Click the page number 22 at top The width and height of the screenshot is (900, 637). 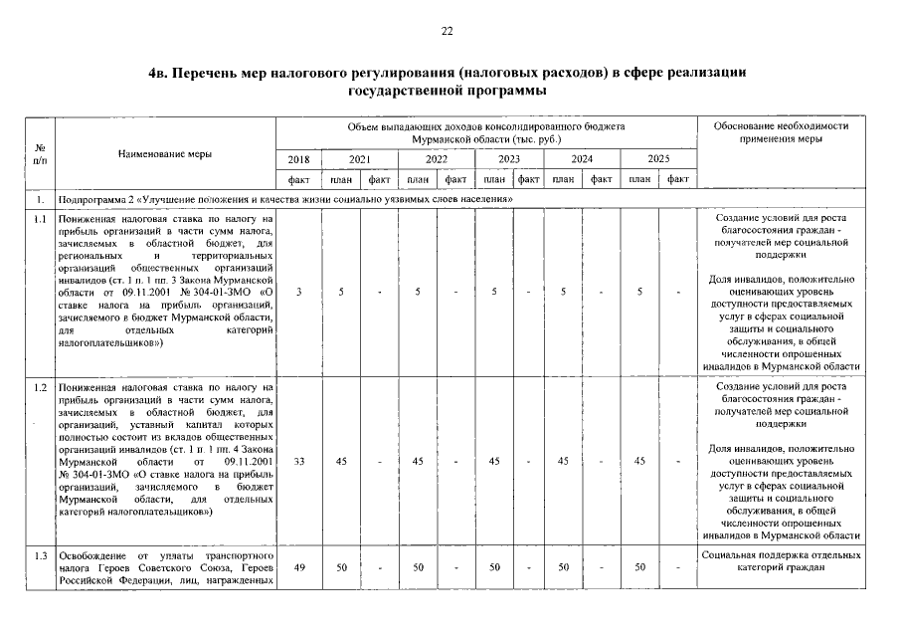[447, 32]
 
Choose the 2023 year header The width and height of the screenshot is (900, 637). [509, 159]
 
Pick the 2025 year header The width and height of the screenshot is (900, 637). [658, 159]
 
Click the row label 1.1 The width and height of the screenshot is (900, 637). [40, 216]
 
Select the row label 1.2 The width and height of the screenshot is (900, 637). [40, 385]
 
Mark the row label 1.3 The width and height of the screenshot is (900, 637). [40, 553]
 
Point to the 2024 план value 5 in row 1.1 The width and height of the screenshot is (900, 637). [563, 291]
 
